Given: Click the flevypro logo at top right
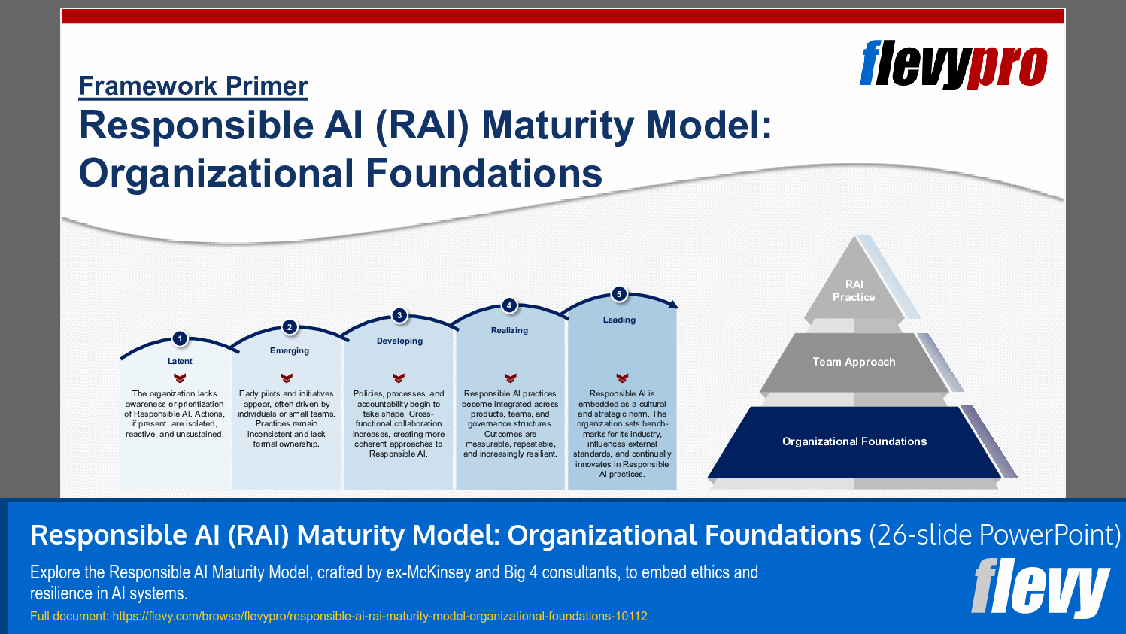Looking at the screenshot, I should pyautogui.click(x=953, y=65).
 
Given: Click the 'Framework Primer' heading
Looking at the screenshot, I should pyautogui.click(x=193, y=86).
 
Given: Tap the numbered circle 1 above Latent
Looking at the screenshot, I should pyautogui.click(x=180, y=338).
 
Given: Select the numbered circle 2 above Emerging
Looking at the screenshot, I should pyautogui.click(x=290, y=327).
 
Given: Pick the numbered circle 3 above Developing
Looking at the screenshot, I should pyautogui.click(x=399, y=315).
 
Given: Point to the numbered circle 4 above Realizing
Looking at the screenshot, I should pyautogui.click(x=509, y=305).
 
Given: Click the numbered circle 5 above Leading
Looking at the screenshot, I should pyautogui.click(x=619, y=294).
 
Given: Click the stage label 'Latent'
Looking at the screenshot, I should pyautogui.click(x=180, y=361).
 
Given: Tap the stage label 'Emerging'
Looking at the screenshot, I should pyautogui.click(x=290, y=350).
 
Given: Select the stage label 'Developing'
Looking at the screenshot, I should pyautogui.click(x=399, y=341).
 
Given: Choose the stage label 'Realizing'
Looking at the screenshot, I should pyautogui.click(x=509, y=330).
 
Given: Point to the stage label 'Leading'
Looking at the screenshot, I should pyautogui.click(x=619, y=320).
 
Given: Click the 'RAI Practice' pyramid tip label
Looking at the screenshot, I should pyautogui.click(x=854, y=291).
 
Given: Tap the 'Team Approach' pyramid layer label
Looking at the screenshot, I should pyautogui.click(x=854, y=362).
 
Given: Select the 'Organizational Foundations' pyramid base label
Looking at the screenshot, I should pyautogui.click(x=854, y=441).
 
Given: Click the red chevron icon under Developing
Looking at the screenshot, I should pyautogui.click(x=399, y=378).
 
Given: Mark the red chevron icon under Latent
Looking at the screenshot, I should pyautogui.click(x=179, y=378).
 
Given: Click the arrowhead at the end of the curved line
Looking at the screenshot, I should pyautogui.click(x=673, y=304).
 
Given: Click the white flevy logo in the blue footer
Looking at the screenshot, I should pyautogui.click(x=1040, y=587).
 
